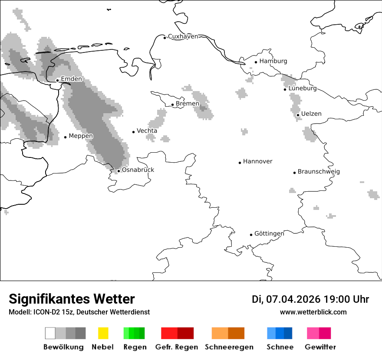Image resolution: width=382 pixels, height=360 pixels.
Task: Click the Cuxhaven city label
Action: click(183, 36)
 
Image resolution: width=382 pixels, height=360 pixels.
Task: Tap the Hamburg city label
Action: click(273, 61)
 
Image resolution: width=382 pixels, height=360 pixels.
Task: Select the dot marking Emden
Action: click(57, 80)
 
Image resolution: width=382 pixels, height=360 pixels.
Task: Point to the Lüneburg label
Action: click(302, 88)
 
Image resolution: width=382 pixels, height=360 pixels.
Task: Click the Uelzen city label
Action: click(311, 114)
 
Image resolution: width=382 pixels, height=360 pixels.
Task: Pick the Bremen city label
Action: click(187, 104)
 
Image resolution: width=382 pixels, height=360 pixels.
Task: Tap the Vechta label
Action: click(147, 131)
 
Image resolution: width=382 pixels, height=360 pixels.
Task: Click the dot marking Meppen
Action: click(65, 137)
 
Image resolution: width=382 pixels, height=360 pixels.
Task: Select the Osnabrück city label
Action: click(138, 170)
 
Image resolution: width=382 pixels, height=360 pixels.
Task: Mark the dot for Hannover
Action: click(240, 163)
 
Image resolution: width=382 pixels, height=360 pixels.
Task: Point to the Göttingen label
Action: click(269, 233)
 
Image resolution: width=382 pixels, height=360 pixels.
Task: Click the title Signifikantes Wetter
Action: click(72, 299)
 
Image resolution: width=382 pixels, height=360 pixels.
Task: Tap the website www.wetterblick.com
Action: click(313, 312)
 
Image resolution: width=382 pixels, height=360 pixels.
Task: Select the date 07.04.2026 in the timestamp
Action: click(293, 299)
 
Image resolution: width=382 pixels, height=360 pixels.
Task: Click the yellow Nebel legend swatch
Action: click(103, 333)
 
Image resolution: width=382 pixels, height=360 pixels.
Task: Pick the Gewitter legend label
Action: click(320, 347)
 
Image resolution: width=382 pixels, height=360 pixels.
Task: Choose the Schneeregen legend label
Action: click(229, 347)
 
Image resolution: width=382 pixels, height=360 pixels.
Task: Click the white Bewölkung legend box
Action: click(50, 333)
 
